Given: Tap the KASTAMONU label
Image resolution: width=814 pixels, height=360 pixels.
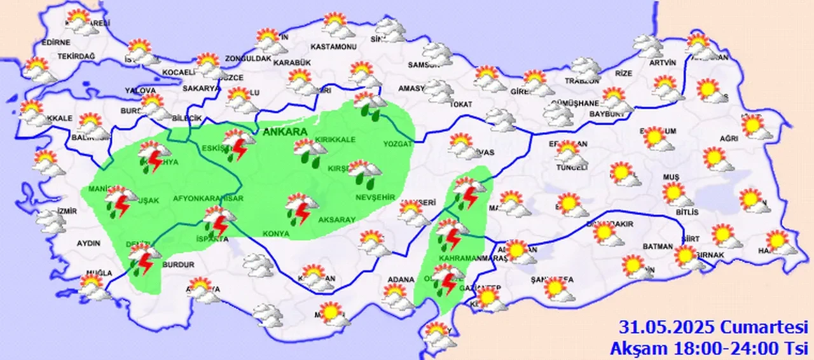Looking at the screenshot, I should coord(333,47).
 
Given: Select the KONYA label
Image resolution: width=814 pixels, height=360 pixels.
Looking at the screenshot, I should coord(275,233).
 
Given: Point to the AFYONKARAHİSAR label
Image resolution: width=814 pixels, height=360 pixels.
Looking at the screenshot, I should coord(208,198).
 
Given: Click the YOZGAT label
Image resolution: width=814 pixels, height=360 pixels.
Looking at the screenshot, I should coord(398,144).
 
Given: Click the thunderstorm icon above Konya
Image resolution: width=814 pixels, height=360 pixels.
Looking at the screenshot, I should coord(301,209).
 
